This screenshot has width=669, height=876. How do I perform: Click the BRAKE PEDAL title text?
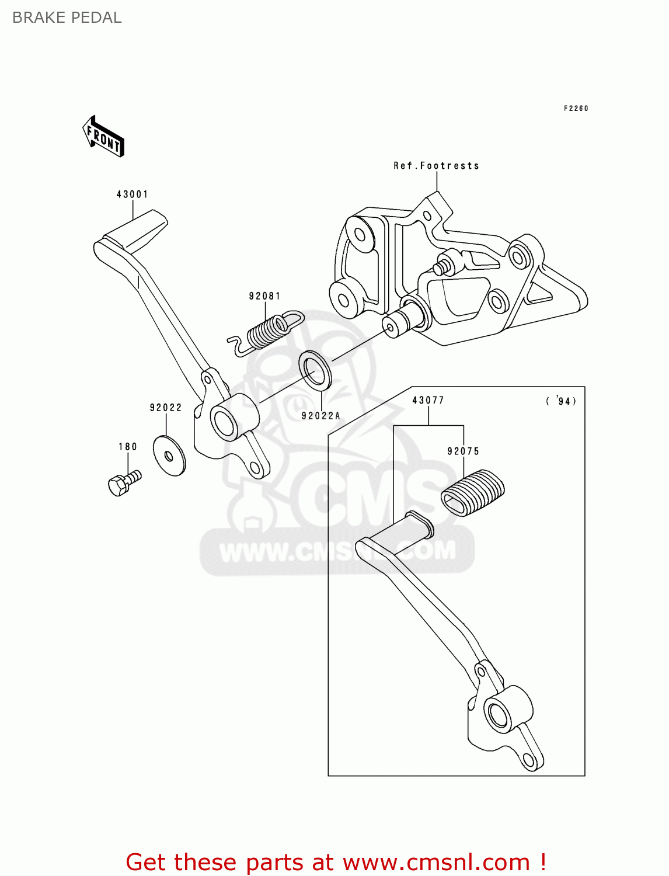pos(67,18)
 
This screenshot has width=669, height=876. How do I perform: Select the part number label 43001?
pos(133,194)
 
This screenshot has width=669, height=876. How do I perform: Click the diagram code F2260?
pos(576,108)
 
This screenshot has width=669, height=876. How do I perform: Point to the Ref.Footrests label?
pos(436,166)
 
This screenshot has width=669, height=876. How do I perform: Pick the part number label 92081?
pos(265,296)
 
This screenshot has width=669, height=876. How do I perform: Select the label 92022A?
pos(320,416)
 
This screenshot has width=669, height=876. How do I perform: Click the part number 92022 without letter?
pos(166,408)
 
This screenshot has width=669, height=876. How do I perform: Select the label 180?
pos(128,447)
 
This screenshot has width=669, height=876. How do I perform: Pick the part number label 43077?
pos(428,400)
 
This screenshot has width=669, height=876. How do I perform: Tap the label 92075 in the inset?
pos(463,451)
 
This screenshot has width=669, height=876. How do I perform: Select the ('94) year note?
pos(561,401)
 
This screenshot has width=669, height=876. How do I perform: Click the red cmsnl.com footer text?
pos(336,862)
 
